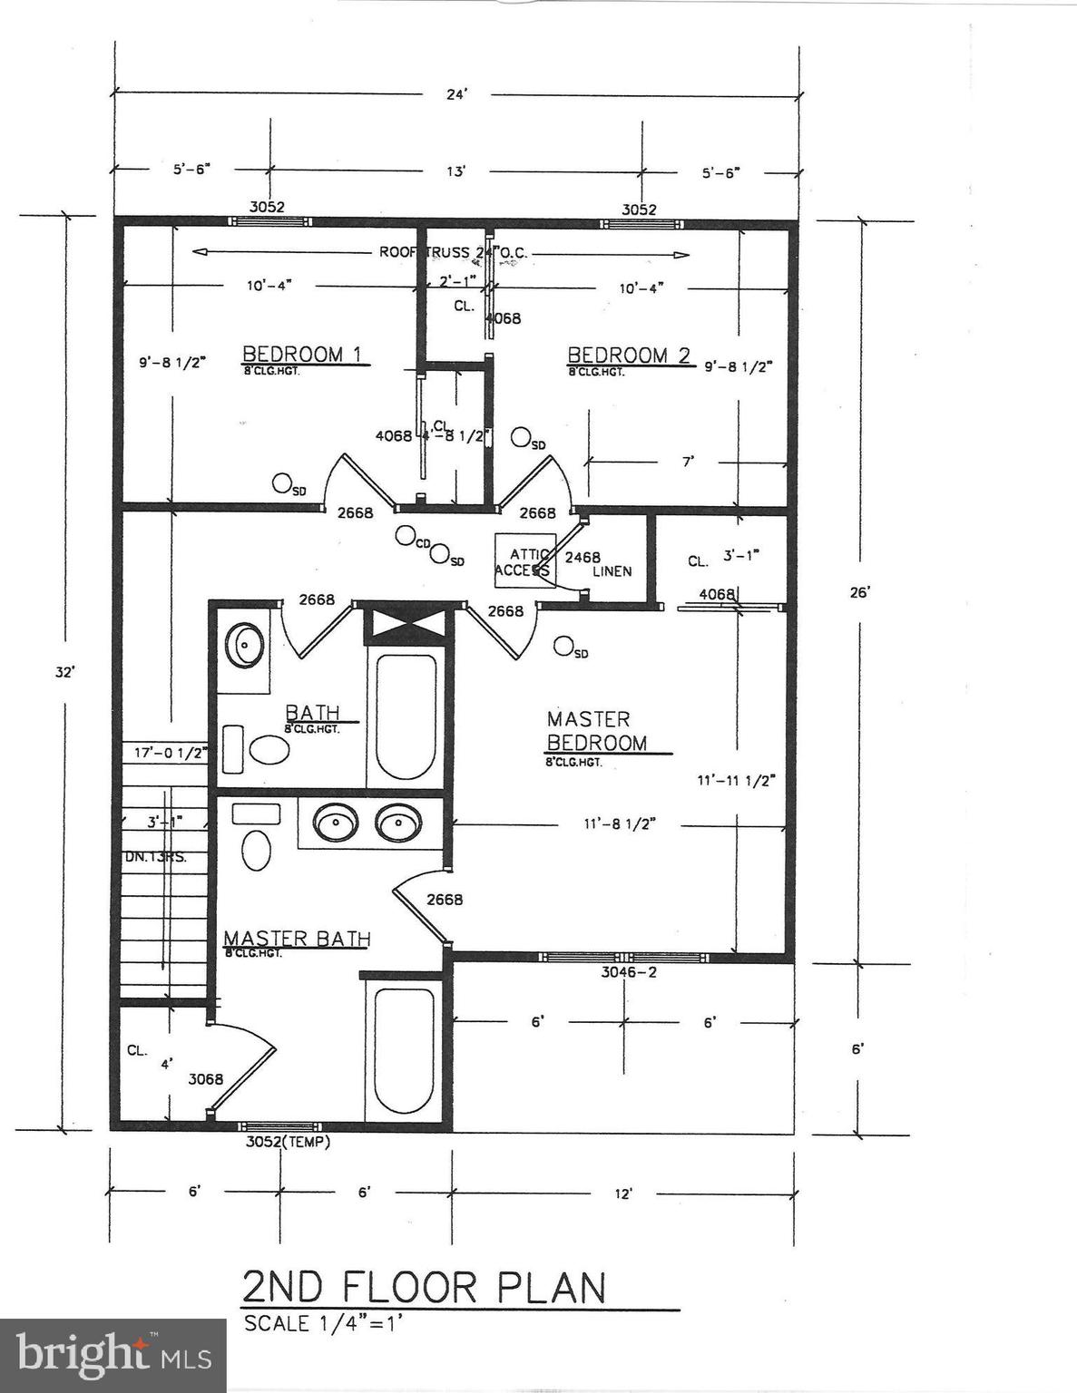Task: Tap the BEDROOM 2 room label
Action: point(629,355)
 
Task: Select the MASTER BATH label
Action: point(297,938)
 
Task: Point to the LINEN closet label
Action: point(612,571)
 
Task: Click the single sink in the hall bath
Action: point(245,645)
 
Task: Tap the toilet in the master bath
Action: point(257,850)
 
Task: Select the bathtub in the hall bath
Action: point(406,716)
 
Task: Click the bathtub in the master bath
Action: point(405,1052)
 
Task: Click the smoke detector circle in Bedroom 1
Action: point(283,483)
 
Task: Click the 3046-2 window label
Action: point(629,972)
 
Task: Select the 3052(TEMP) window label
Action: point(288,1143)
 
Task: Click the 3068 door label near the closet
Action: point(205,1079)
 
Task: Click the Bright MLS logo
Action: point(113,1355)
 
